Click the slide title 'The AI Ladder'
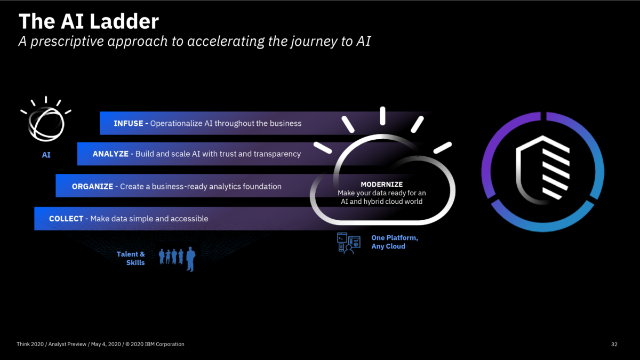point(89,21)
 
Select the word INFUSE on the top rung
point(129,123)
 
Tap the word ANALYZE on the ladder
point(110,154)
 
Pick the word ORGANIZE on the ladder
point(92,187)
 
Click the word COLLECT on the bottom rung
point(66,219)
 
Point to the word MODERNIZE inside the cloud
point(381,184)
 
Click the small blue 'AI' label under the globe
point(46,155)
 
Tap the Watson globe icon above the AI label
point(46,123)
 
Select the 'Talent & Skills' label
point(131,258)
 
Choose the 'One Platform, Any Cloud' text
point(394,242)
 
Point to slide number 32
point(614,345)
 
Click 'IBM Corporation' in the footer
point(164,345)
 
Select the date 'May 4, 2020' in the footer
point(106,345)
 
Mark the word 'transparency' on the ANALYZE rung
point(278,154)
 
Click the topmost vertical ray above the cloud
point(382,116)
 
